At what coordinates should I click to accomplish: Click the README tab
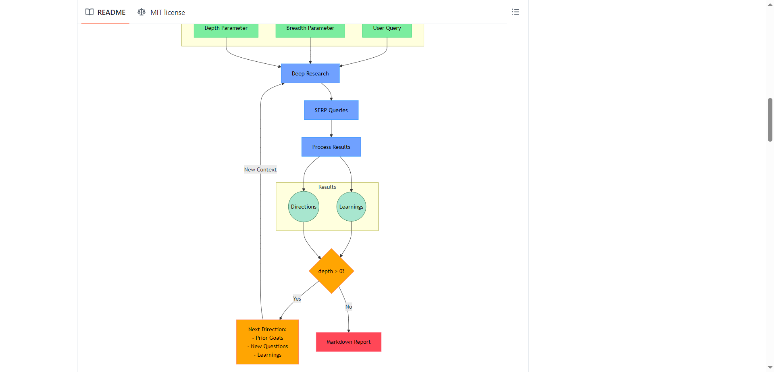106,12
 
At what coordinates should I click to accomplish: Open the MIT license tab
161,12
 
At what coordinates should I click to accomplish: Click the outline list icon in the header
515,12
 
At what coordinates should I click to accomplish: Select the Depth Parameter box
226,29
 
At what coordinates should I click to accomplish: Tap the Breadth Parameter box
310,29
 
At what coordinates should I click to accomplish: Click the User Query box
387,29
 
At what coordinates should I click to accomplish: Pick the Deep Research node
310,73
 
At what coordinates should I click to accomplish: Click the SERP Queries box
331,110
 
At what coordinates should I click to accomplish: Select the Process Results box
331,147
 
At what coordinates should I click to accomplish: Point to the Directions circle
304,207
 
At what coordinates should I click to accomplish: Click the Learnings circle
351,207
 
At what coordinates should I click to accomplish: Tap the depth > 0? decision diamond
331,271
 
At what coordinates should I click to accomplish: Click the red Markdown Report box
348,342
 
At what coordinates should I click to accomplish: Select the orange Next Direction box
267,342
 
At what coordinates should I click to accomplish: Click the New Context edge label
260,169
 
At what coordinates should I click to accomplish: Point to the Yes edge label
297,299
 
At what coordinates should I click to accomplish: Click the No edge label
349,307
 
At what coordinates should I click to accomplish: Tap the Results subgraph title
327,187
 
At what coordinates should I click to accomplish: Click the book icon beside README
89,12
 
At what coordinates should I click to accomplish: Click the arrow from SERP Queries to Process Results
331,128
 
